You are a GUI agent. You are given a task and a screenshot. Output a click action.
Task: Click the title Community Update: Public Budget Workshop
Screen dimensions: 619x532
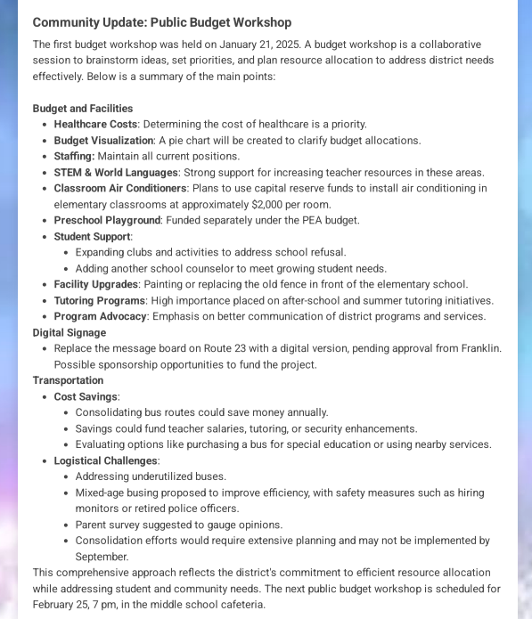161,22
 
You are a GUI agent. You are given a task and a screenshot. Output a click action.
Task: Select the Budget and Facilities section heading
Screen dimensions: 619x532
83,109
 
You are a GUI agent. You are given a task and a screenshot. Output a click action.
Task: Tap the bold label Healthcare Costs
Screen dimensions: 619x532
95,125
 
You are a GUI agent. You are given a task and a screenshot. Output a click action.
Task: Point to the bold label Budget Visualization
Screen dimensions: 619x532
103,141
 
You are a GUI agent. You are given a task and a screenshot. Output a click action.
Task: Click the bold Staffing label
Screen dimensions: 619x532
73,157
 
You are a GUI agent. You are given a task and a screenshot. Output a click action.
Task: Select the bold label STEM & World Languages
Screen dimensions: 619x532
116,173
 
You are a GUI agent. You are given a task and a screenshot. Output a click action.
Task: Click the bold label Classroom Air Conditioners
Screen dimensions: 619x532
119,189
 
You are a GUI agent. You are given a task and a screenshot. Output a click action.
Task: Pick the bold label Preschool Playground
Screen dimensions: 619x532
107,221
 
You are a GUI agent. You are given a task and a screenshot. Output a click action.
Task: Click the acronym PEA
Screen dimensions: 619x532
307,221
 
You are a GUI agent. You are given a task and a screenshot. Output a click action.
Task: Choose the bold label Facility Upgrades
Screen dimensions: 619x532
96,285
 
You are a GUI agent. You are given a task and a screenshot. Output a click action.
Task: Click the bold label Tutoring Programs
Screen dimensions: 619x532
99,301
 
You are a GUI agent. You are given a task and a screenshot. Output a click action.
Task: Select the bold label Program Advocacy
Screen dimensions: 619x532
100,317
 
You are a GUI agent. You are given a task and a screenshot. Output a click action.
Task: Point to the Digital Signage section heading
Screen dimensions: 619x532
70,333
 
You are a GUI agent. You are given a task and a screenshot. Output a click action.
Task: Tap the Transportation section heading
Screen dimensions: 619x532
68,381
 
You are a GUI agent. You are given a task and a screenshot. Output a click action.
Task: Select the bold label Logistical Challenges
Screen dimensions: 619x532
106,461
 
